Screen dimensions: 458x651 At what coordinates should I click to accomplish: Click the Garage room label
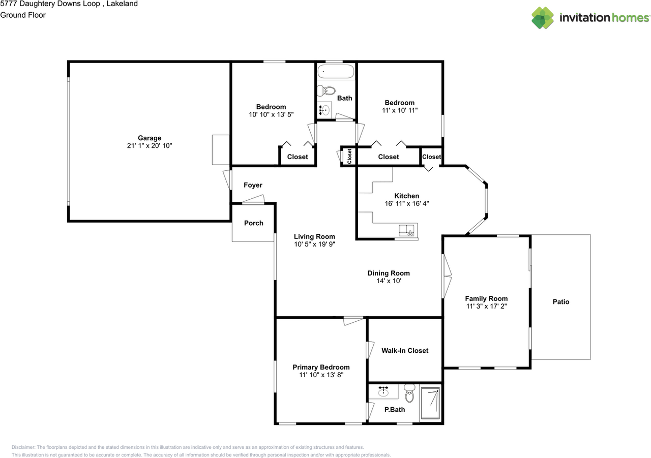click(150, 138)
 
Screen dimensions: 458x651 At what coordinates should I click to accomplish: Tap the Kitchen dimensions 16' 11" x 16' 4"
click(407, 203)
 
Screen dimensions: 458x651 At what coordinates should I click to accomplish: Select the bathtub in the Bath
click(335, 72)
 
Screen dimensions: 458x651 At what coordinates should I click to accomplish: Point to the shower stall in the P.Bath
click(430, 404)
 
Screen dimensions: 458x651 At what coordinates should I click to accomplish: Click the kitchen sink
click(406, 231)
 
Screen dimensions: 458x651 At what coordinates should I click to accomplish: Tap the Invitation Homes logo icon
click(543, 18)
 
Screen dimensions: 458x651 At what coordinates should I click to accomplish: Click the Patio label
click(561, 302)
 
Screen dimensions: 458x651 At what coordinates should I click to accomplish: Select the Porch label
click(254, 223)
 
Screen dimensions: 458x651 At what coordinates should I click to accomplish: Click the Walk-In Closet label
click(405, 350)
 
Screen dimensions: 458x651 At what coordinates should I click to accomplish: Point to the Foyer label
click(253, 185)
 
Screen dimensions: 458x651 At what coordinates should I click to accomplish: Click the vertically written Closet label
click(349, 157)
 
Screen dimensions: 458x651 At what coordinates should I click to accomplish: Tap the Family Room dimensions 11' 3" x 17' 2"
click(486, 307)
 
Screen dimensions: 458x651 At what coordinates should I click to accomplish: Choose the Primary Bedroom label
click(321, 367)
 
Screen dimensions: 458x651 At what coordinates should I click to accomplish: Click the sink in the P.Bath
click(383, 392)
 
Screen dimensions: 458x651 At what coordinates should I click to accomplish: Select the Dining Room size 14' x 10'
click(389, 281)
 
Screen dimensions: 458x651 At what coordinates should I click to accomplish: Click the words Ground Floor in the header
click(23, 15)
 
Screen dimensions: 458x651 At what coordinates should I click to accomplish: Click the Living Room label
click(314, 236)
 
